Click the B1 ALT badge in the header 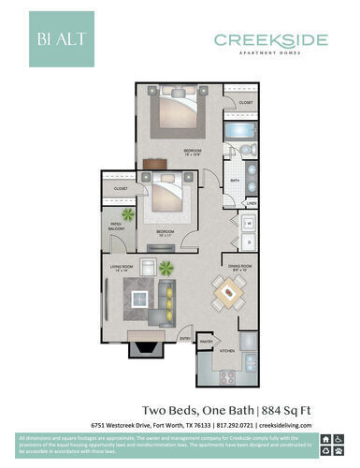(61, 39)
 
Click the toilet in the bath (244, 150)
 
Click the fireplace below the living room (147, 348)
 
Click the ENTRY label (185, 338)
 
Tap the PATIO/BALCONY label (116, 225)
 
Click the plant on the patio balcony (128, 214)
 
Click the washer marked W (250, 223)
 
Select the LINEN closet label (252, 202)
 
